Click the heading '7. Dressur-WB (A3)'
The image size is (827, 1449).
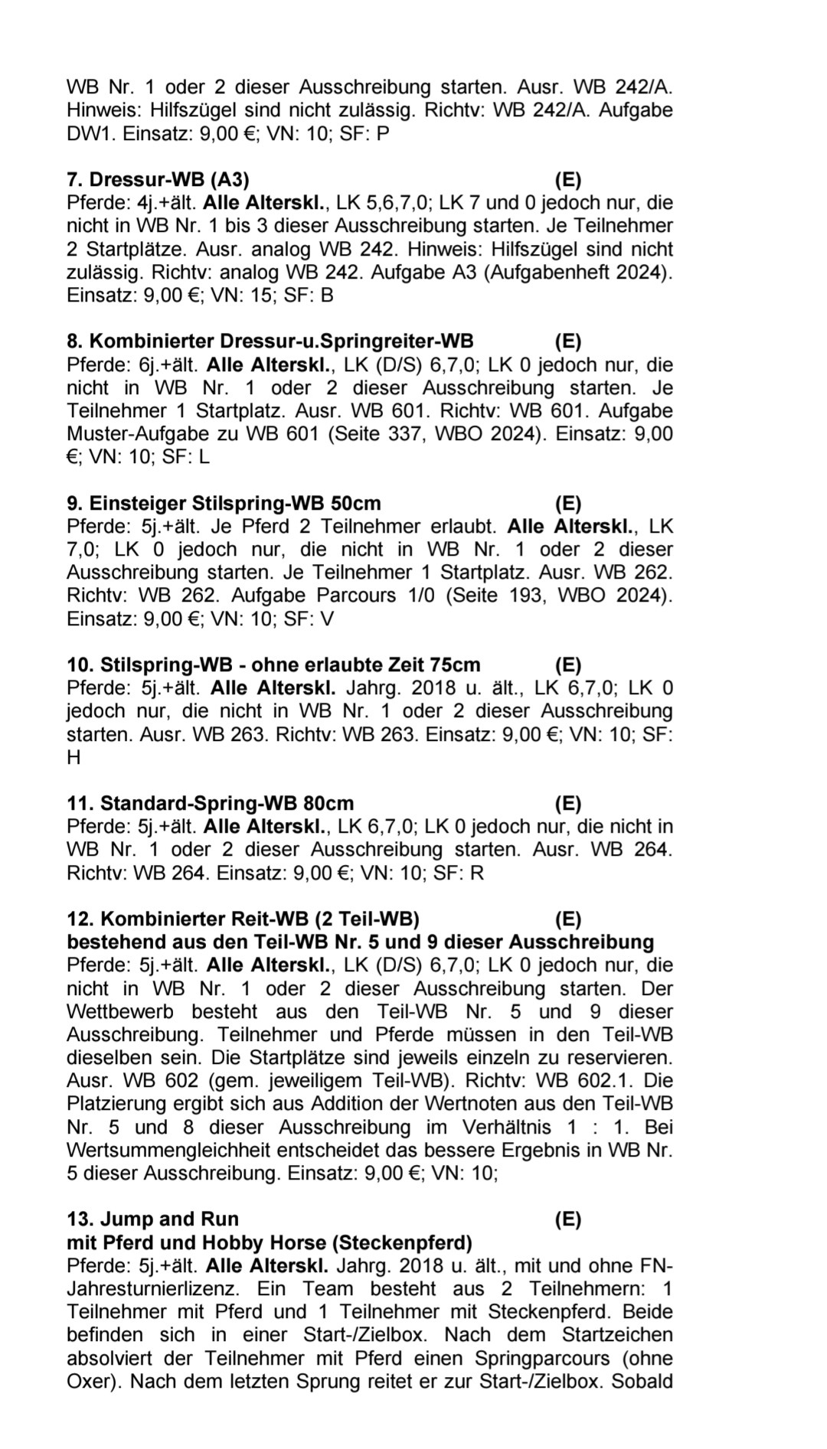158,180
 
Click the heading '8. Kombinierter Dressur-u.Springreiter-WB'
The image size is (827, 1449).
270,341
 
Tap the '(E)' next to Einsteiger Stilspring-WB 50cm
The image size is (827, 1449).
567,504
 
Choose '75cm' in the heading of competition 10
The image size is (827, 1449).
456,665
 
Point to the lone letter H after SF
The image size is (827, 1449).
74,758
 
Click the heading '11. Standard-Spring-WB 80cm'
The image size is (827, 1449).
211,804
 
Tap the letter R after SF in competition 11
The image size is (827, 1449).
476,873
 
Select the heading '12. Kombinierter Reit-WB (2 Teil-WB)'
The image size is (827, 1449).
243,919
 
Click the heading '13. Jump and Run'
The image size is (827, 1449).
152,1219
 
